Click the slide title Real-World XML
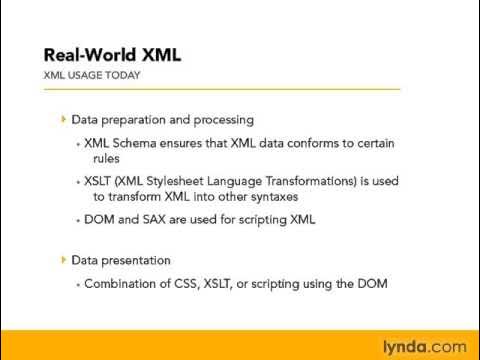coord(112,54)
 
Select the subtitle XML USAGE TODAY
coord(91,75)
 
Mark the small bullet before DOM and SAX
coord(78,221)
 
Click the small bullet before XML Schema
coord(78,144)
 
